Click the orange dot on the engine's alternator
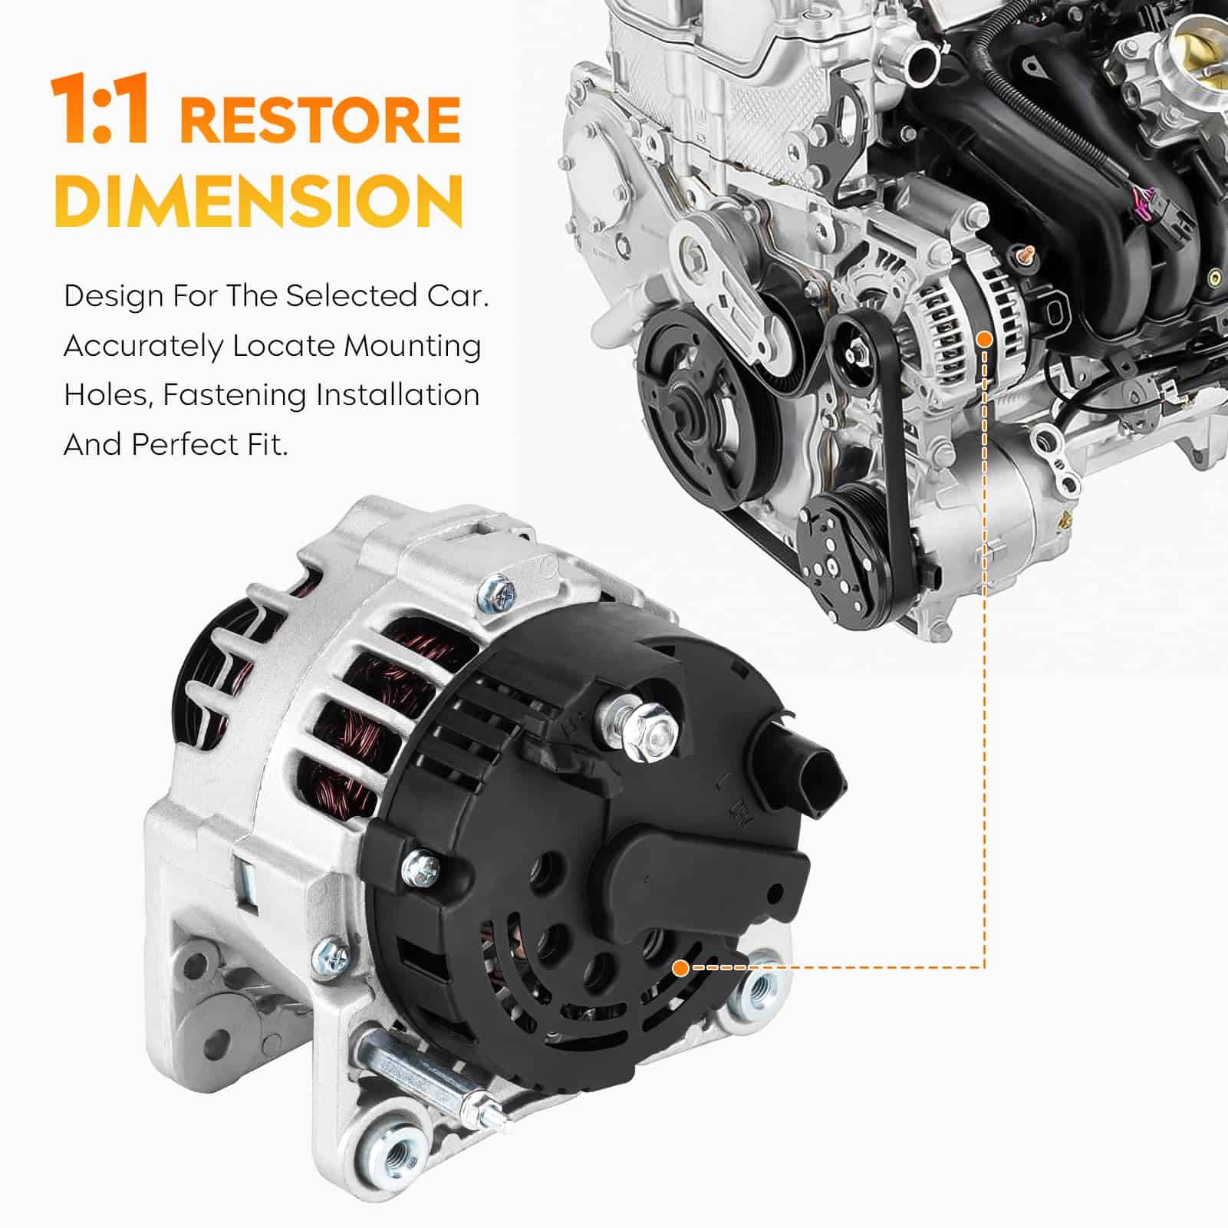985,337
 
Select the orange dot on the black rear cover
679,968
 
